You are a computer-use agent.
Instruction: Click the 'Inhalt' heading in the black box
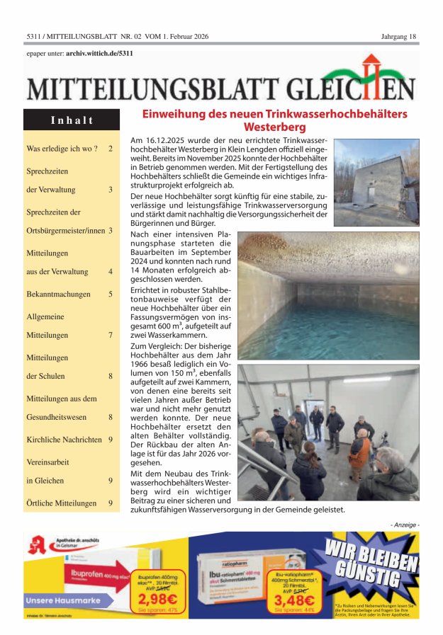(x=72, y=120)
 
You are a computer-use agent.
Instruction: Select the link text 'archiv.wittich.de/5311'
(x=99, y=52)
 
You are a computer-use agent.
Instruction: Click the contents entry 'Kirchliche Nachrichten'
(x=63, y=440)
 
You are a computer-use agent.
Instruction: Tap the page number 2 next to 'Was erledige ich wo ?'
(x=111, y=149)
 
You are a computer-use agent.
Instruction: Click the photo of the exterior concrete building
(x=376, y=182)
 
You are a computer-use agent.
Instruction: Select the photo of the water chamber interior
(x=328, y=295)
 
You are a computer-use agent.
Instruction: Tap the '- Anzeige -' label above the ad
(x=404, y=524)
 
